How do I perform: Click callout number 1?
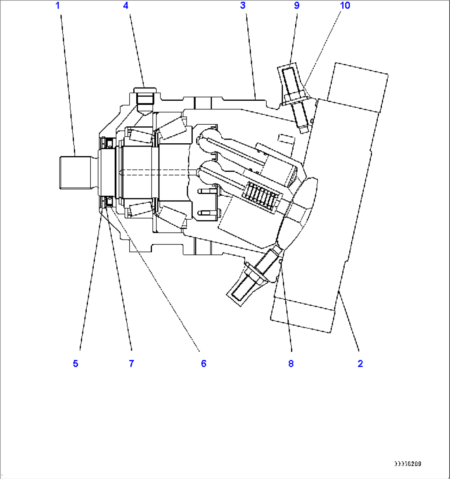58,6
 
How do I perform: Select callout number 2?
360,363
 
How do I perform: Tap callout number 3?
243,6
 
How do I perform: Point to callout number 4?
126,6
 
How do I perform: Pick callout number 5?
76,363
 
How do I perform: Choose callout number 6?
204,363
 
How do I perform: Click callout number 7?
131,363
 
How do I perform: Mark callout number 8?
291,363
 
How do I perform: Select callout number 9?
296,6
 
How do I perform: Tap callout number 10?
345,6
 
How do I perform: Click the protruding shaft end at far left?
74,172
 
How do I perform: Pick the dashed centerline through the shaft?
157,172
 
